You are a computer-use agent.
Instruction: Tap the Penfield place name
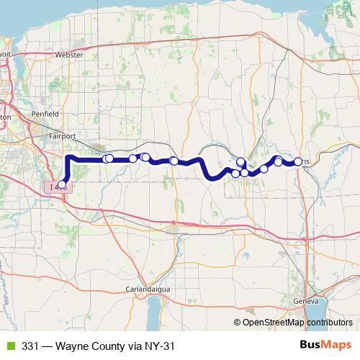[45, 114]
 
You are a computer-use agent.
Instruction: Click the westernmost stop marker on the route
[62, 184]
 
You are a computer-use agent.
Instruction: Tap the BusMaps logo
[325, 345]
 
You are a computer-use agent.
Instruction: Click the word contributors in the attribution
[329, 323]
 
